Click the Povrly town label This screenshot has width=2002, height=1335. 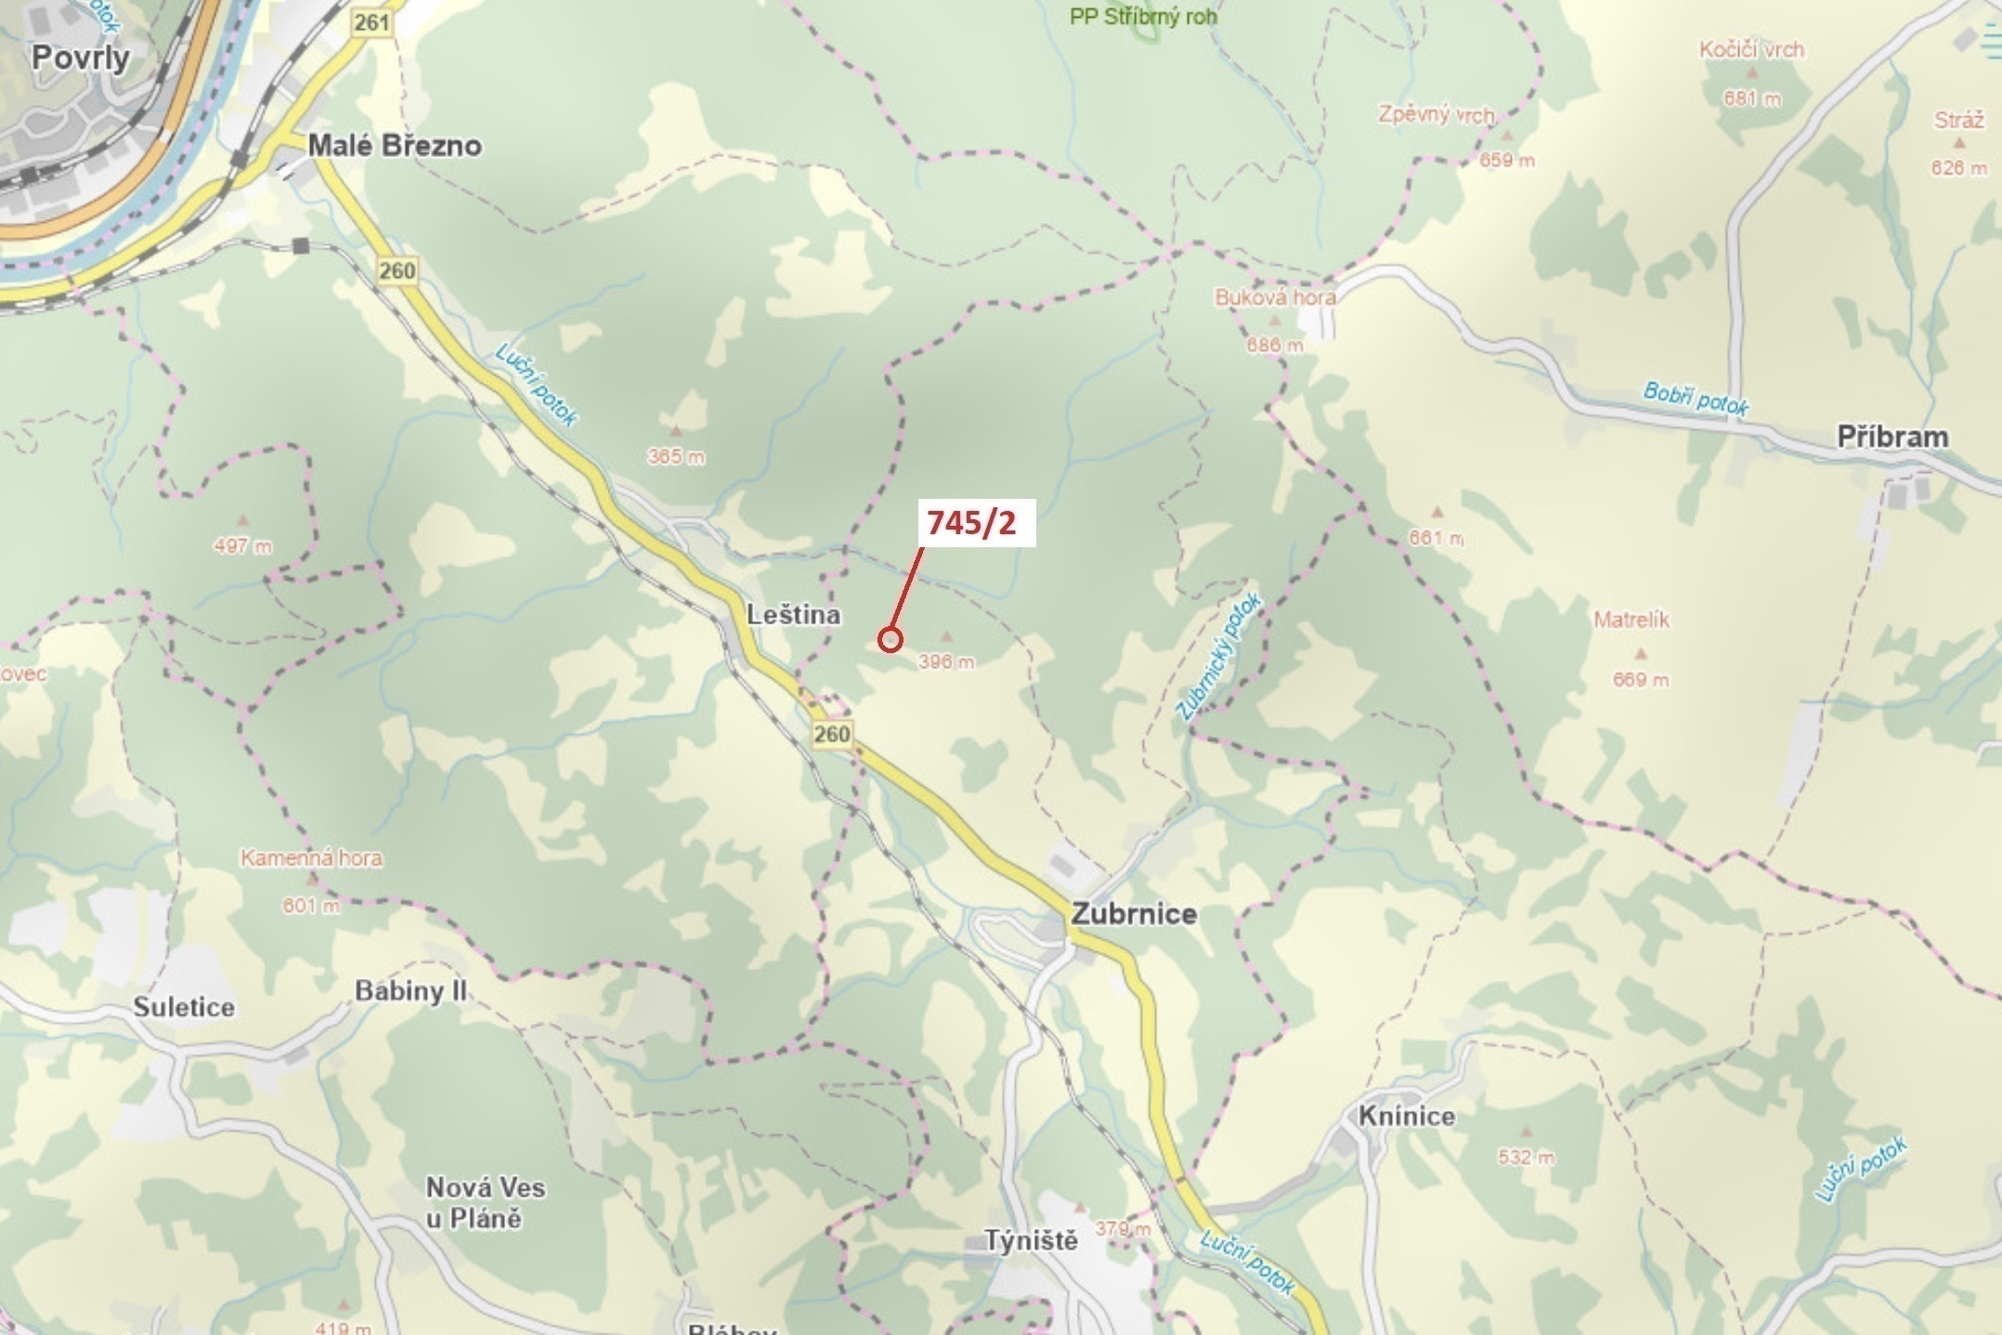(81, 58)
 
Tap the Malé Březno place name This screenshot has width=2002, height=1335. (395, 146)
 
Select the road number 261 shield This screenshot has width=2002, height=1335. (371, 22)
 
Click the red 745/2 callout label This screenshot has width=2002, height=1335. (972, 523)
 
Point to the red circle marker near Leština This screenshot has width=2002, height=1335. (890, 639)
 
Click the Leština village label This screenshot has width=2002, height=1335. (794, 614)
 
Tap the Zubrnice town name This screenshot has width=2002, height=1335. (1134, 913)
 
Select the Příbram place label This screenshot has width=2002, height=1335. (1892, 437)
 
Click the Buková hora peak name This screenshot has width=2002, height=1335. (1275, 298)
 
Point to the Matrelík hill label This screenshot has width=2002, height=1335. (1631, 620)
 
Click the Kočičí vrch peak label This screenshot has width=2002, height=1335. (1751, 50)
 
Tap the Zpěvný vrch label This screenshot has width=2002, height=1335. (1436, 115)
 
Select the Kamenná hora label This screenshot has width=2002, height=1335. (311, 857)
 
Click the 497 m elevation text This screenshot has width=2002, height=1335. (242, 546)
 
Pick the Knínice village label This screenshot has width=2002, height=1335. (1406, 1116)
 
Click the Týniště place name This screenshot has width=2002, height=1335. (1031, 1240)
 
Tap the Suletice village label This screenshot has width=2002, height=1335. (184, 1007)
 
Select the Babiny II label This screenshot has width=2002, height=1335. (410, 991)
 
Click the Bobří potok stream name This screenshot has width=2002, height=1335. (1696, 399)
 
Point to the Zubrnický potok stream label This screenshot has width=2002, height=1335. (1218, 657)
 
